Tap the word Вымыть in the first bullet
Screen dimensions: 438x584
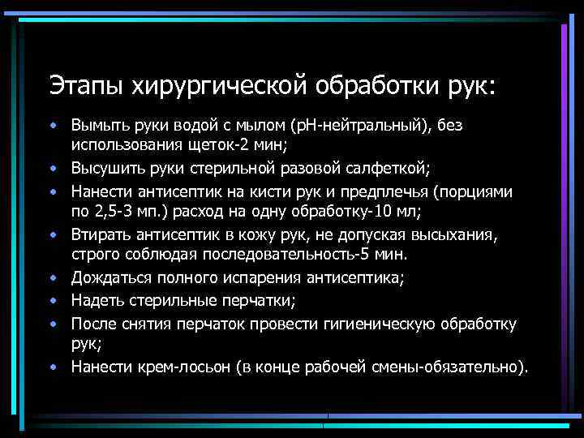(97, 126)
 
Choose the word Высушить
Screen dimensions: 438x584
(103, 170)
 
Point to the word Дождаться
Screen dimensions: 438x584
(106, 279)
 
